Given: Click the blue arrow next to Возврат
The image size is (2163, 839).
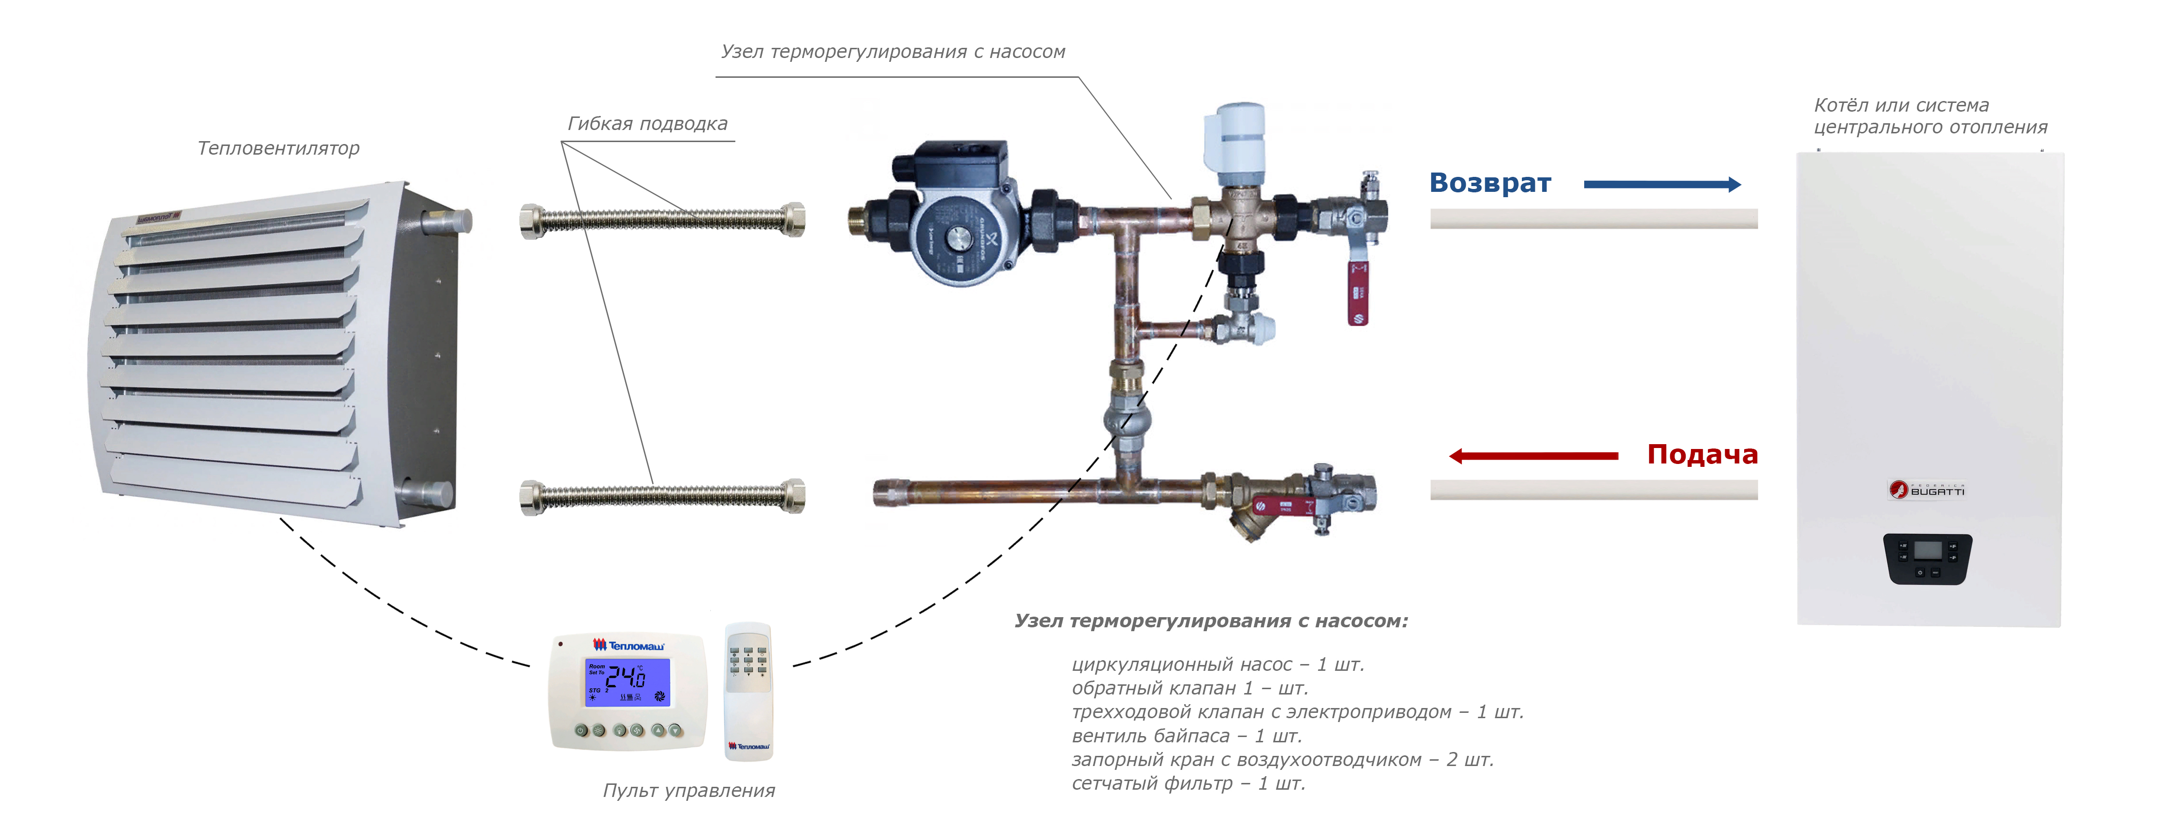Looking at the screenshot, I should pyautogui.click(x=1662, y=185).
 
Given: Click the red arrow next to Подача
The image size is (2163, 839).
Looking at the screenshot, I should pyautogui.click(x=1533, y=456).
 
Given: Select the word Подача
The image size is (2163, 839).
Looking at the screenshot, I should pyautogui.click(x=1702, y=454).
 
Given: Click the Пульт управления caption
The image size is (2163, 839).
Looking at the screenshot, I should pyautogui.click(x=688, y=790).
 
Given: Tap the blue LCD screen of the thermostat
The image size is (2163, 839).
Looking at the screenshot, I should pyautogui.click(x=627, y=681).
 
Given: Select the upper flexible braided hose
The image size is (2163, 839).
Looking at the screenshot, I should pyautogui.click(x=662, y=220).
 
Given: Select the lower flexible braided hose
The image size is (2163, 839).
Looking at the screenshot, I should pyautogui.click(x=662, y=496).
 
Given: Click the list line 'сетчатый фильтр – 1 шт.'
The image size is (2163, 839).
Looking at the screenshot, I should pyautogui.click(x=1188, y=783).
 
